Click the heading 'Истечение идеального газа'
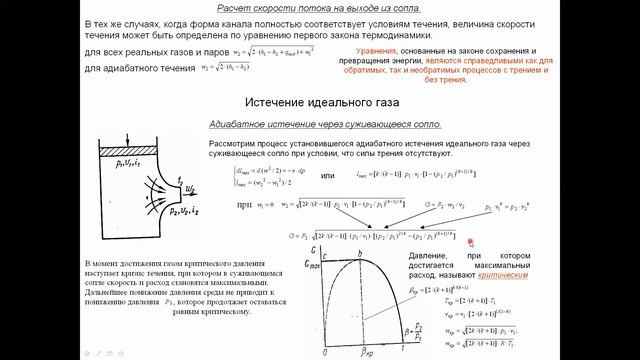pos(319,103)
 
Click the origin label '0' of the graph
pos(322,352)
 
